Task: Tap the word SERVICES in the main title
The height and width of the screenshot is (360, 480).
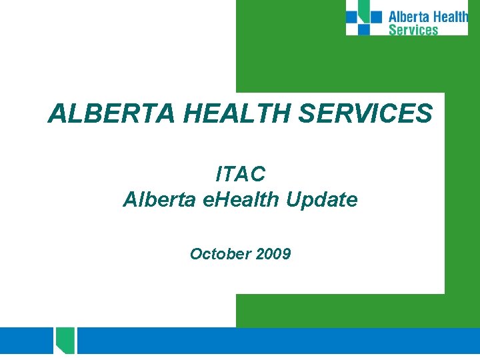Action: [366, 114]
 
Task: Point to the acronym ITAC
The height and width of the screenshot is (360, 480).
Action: [241, 174]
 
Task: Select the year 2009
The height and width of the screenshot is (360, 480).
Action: [271, 253]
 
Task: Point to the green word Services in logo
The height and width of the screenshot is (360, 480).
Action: [413, 29]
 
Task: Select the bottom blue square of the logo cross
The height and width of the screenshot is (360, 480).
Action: [363, 29]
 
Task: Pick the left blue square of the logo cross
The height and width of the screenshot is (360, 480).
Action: [351, 17]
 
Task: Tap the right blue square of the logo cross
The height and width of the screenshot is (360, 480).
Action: [377, 17]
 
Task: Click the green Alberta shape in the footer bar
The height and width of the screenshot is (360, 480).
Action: [65, 340]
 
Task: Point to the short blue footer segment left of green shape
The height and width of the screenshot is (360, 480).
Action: [27, 341]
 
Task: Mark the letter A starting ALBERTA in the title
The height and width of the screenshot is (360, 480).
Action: [57, 114]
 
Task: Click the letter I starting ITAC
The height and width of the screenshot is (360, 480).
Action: [219, 174]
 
